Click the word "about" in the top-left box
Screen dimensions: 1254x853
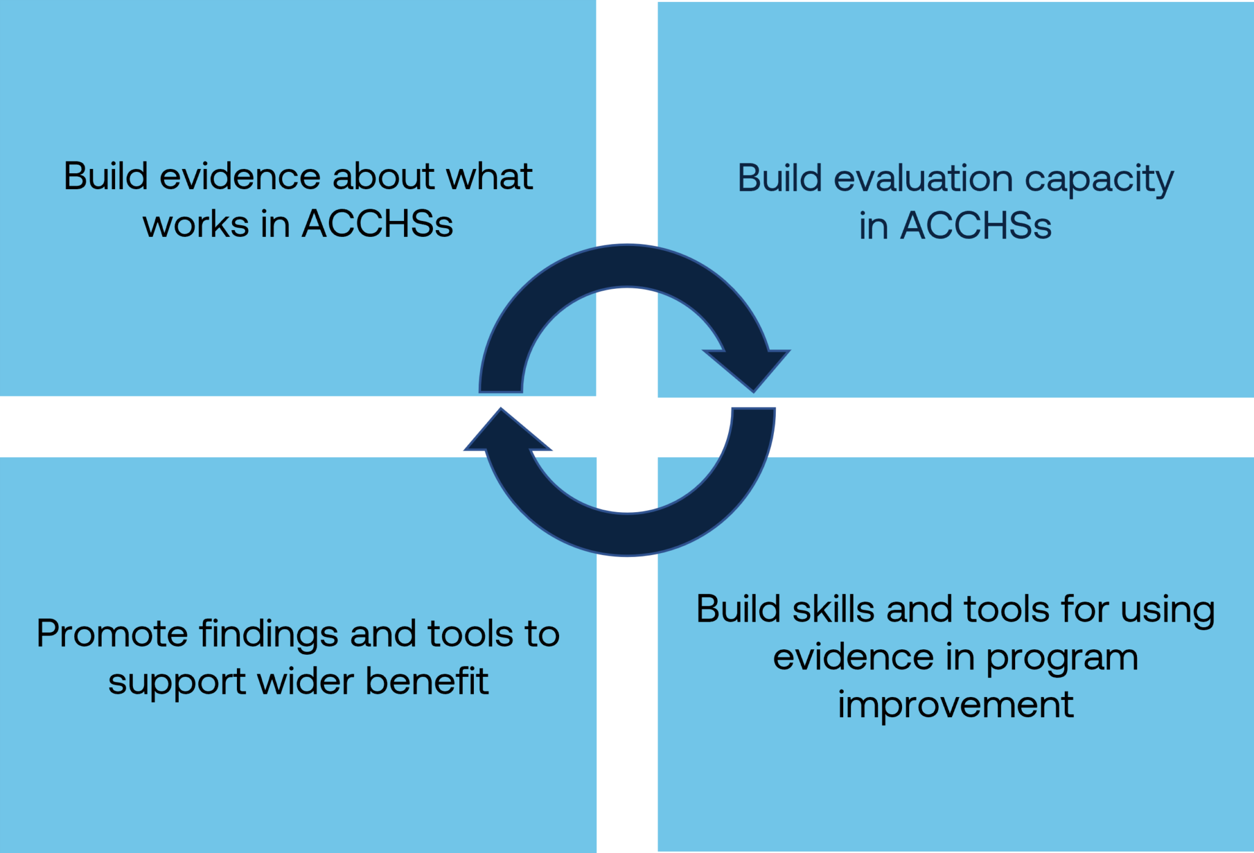[x=383, y=176]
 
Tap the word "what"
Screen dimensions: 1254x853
[x=489, y=176]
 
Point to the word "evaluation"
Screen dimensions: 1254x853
[x=923, y=179]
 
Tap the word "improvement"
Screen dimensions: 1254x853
[x=956, y=705]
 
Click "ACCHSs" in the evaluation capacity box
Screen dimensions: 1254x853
[x=976, y=225]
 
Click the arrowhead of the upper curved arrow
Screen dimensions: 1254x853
[x=748, y=368]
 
